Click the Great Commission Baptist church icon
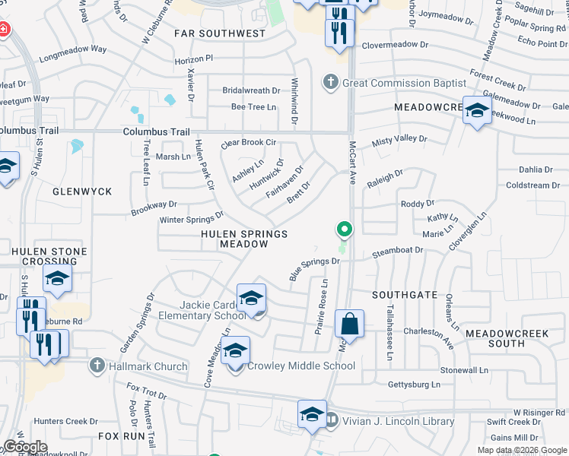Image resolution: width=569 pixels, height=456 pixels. (330, 82)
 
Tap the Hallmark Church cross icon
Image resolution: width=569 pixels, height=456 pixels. (97, 366)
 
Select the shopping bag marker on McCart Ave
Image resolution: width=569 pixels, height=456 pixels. (349, 325)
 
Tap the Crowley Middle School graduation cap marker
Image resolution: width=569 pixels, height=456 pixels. (236, 351)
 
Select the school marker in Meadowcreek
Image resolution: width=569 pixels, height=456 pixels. (477, 112)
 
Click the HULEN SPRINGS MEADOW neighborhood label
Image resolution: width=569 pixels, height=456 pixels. (244, 239)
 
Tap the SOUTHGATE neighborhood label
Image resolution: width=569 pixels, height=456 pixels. (405, 294)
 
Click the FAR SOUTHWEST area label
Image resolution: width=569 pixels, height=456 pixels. (220, 33)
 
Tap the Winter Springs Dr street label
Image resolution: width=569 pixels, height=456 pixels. (191, 220)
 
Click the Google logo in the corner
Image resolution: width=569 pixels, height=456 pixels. (25, 447)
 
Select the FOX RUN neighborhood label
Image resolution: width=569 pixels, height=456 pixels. (121, 437)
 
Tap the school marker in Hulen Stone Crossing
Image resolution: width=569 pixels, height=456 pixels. (57, 280)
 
